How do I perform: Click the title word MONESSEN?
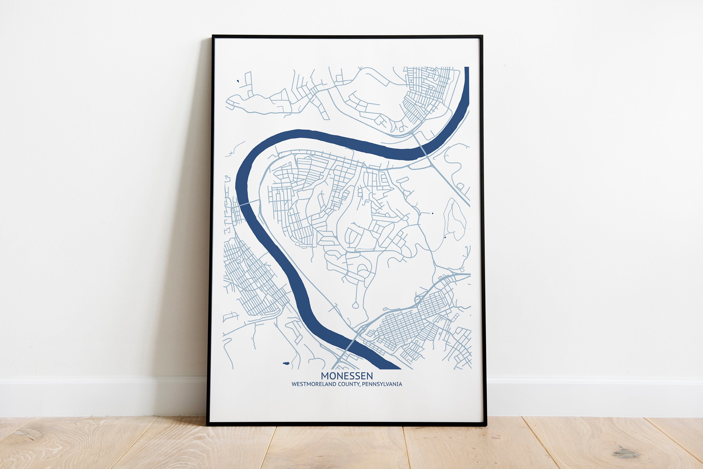347,376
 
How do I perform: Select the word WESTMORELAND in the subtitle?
314,384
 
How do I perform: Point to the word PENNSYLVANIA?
382,384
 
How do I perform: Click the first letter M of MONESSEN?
325,376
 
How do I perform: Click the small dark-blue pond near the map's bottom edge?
286,363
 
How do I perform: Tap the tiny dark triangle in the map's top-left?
238,81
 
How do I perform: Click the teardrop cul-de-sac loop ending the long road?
355,305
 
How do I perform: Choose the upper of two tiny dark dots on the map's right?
432,213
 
